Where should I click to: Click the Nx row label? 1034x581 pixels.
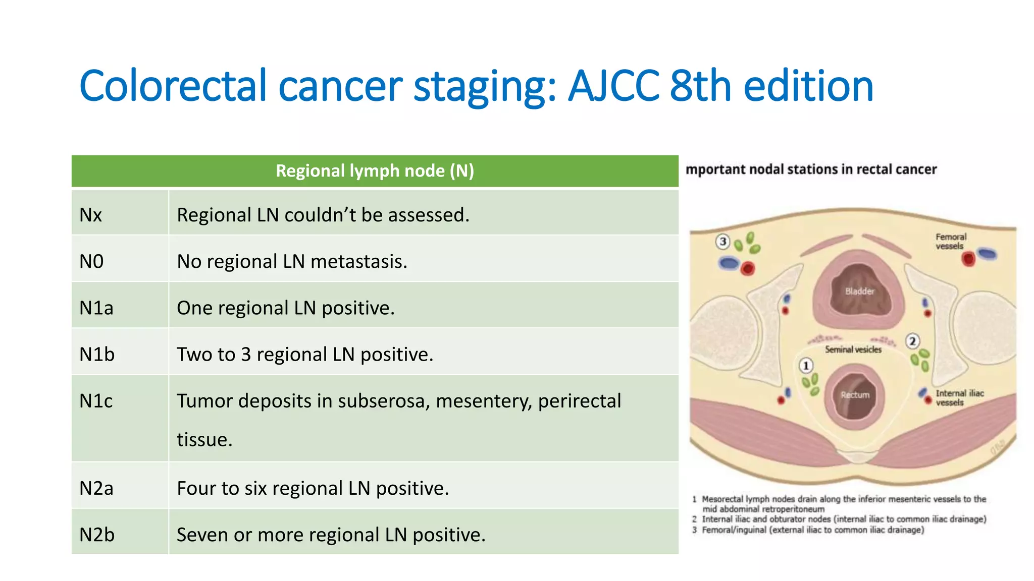point(91,215)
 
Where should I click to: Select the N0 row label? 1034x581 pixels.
point(91,262)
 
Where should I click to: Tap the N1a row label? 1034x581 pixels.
point(96,308)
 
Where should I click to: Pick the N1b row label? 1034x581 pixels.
point(97,355)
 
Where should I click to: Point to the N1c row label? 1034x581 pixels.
point(96,401)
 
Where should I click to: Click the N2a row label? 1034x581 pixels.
point(96,488)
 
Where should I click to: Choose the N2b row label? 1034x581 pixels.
point(97,535)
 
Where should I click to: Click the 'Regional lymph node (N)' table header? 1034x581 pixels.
point(375,171)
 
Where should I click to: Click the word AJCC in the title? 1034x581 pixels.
point(613,86)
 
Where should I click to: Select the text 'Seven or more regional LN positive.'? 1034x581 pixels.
point(331,535)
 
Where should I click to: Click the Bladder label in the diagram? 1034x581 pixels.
point(859,291)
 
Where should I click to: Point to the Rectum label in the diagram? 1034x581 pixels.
point(855,395)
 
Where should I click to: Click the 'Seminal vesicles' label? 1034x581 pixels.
point(853,350)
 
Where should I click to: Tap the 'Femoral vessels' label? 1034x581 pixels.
point(951,241)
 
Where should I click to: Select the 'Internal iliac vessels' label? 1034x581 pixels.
point(959,397)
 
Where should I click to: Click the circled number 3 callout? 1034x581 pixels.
point(723,242)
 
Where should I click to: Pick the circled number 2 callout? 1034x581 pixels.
point(912,341)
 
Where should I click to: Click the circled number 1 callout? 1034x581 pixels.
point(806,365)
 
